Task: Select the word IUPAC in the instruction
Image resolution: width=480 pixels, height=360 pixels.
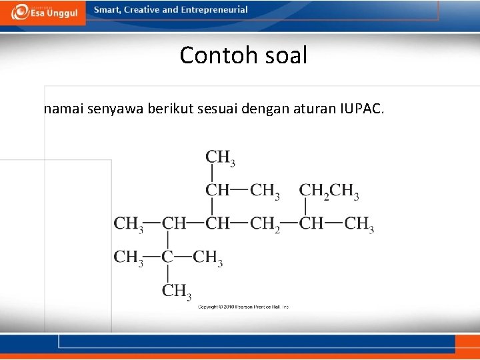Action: pos(361,109)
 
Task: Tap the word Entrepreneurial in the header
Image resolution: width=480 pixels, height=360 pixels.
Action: pos(215,10)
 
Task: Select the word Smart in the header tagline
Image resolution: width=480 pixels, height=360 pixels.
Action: pos(108,10)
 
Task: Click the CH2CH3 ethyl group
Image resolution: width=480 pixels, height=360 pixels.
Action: pos(329,191)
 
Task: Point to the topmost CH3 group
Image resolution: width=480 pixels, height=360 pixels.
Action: pos(220,158)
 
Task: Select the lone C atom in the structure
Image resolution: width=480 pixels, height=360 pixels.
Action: pos(167,257)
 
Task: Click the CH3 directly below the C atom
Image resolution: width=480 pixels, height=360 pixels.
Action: pos(176,291)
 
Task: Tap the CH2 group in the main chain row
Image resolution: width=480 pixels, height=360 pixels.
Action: pos(265,224)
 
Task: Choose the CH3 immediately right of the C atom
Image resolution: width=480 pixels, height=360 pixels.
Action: pos(207,257)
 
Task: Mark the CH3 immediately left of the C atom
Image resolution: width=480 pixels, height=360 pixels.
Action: pos(129,257)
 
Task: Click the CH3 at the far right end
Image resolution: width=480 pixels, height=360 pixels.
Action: pos(359,224)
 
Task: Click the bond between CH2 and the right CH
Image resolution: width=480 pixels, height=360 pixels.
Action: pos(290,223)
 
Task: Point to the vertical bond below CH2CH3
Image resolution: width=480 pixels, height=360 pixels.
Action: pos(305,207)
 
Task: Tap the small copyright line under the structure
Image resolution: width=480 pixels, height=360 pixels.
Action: pos(243,307)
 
